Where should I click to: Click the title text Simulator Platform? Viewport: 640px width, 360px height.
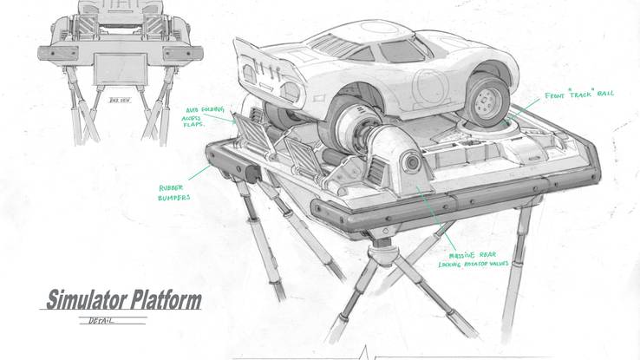[x=123, y=301]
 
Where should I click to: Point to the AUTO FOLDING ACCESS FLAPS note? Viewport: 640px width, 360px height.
[x=206, y=115]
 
